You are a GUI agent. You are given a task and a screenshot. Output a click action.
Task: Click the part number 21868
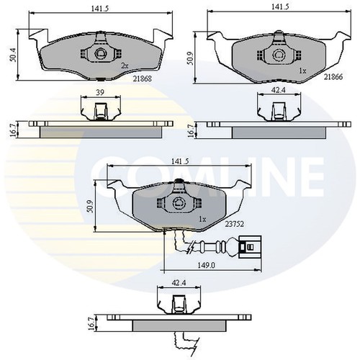[143, 78]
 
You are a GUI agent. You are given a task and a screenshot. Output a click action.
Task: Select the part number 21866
[333, 77]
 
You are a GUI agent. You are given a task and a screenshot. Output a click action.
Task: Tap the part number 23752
[234, 224]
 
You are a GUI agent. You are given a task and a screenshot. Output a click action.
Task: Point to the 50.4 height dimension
[13, 55]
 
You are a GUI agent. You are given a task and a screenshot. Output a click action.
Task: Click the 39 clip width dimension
[100, 92]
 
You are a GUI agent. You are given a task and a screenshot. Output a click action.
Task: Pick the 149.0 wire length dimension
[206, 265]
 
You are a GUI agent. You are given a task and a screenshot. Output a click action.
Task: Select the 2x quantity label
[125, 66]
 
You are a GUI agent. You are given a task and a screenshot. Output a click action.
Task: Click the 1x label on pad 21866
[303, 71]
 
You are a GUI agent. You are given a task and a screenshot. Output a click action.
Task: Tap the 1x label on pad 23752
[202, 219]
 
